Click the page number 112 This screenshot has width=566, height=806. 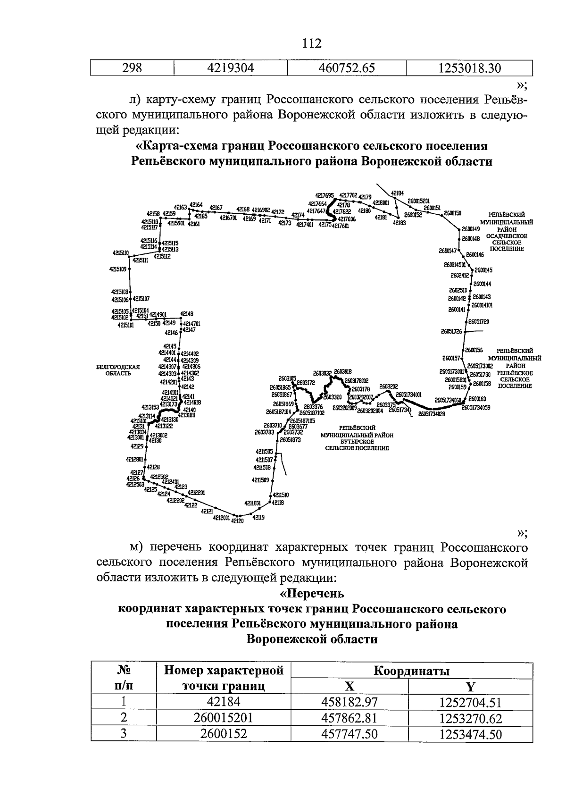(x=312, y=44)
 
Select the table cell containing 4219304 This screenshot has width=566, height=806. (x=231, y=68)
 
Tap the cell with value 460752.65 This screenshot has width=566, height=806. (x=347, y=68)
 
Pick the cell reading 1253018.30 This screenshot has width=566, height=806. (x=469, y=68)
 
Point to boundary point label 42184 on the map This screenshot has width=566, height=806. (x=397, y=193)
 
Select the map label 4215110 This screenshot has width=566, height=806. (x=121, y=253)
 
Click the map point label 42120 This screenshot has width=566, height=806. (x=238, y=521)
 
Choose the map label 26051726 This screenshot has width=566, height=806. (x=451, y=332)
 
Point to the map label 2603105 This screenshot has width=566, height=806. (x=287, y=378)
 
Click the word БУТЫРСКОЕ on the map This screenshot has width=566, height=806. (x=357, y=442)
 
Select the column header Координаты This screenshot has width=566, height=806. (x=411, y=671)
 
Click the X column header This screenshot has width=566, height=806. (x=350, y=686)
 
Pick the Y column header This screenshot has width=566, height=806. (x=470, y=686)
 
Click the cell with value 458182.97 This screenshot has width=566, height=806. (x=350, y=703)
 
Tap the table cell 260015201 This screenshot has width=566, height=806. (x=224, y=718)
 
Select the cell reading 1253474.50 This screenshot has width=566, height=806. (x=470, y=734)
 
